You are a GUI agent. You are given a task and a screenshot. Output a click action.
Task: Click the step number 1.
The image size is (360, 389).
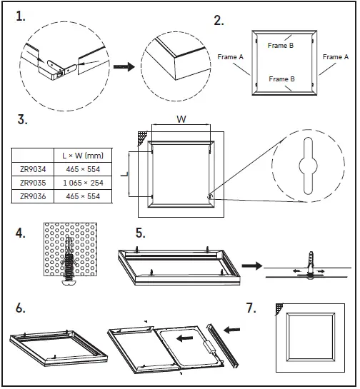point(21,16)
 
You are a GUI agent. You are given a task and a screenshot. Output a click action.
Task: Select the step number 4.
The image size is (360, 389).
point(21,233)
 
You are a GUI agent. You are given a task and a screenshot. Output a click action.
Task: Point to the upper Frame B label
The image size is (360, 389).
point(281,45)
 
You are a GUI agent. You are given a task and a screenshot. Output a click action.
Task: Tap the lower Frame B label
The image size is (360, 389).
point(281,79)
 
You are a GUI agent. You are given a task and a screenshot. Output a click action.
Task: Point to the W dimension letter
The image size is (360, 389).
point(182,120)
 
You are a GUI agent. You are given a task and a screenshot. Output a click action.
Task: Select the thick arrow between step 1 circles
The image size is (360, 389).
point(126,67)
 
